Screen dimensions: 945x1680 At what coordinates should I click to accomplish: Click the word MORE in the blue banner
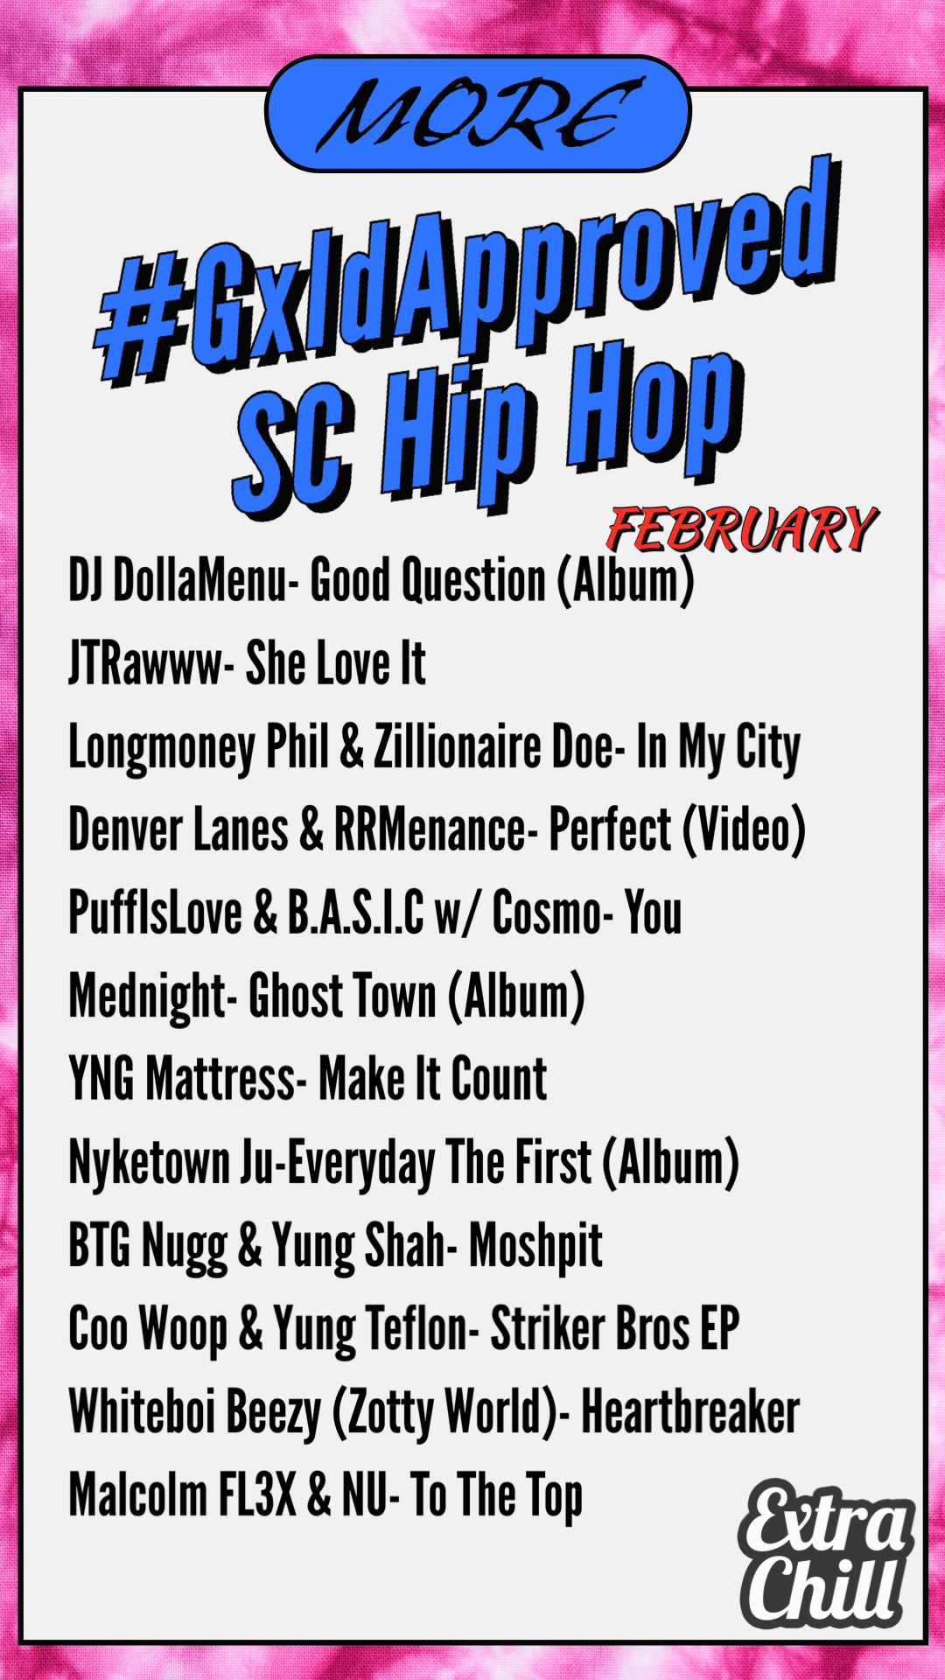tap(479, 114)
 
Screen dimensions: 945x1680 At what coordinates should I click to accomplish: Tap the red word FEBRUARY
tap(742, 530)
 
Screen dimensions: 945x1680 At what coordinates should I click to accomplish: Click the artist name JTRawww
tap(145, 663)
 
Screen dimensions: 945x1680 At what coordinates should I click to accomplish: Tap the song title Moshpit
tap(535, 1247)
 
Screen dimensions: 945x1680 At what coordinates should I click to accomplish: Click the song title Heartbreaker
tap(690, 1411)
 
